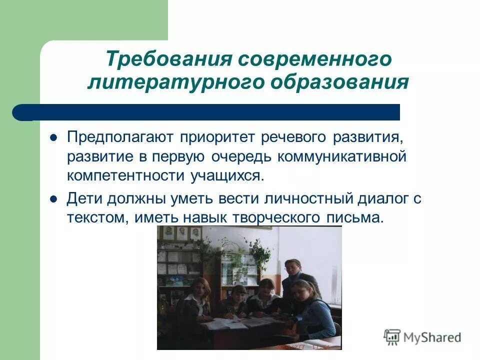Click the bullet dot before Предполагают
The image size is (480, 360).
click(54, 137)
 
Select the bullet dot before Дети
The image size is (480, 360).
click(54, 198)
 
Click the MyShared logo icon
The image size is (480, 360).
click(392, 337)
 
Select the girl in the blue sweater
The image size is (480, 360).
click(313, 310)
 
